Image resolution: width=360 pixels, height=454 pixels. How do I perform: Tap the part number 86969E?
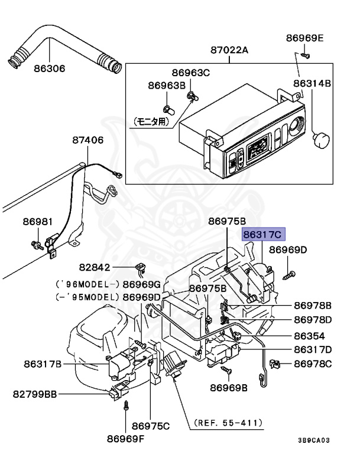point(305,38)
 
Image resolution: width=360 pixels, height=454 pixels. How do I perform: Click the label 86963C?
point(191,74)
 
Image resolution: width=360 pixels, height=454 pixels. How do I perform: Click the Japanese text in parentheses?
point(151,122)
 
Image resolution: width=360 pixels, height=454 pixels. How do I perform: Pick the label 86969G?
point(142,284)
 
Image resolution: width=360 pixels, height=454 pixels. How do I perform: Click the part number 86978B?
point(313,306)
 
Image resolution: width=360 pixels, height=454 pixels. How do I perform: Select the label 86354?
point(313,335)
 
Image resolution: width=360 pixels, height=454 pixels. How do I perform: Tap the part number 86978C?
point(313,364)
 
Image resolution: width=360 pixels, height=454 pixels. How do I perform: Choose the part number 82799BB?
point(37,394)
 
